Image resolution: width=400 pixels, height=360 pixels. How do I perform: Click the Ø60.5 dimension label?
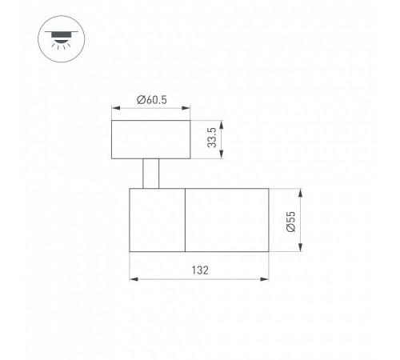pos(152,100)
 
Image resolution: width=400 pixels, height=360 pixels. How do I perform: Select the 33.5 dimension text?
pos(212,138)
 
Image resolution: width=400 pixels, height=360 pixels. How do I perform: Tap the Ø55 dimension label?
pos(291,222)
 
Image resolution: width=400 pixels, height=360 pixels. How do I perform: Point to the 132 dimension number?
pos(200,270)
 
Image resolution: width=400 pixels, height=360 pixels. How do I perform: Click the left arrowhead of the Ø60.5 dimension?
pos(116,108)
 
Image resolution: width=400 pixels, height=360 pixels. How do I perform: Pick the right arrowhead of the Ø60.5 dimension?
pos(186,108)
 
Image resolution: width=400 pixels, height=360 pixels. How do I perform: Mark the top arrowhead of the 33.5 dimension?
pos(222,125)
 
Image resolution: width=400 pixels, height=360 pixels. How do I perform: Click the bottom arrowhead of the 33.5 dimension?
pos(222,154)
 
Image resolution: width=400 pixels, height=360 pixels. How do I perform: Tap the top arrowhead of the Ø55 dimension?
pos(301,193)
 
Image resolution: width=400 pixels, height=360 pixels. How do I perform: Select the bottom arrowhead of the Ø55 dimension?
pos(301,247)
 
